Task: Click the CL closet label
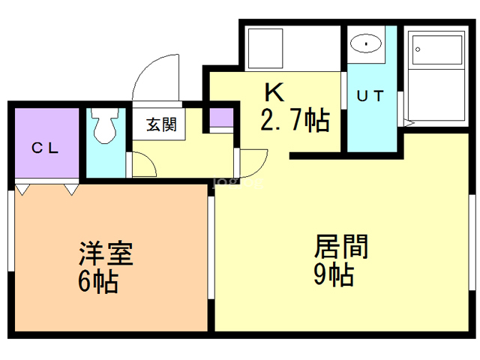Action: [x=45, y=148]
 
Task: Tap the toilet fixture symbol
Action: [x=105, y=125]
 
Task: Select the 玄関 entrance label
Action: [x=161, y=124]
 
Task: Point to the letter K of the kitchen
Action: [x=274, y=92]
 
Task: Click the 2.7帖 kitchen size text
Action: [x=295, y=120]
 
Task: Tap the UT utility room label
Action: [x=370, y=96]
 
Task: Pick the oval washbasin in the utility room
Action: [x=366, y=43]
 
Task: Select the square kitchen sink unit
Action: [x=265, y=48]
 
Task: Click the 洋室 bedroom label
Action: [x=106, y=253]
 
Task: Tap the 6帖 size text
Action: [x=98, y=282]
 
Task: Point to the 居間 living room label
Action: [x=341, y=247]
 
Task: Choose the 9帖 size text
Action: [x=334, y=274]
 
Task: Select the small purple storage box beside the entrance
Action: [x=221, y=117]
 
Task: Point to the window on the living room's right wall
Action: [x=472, y=242]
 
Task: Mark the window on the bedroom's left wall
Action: [x=11, y=230]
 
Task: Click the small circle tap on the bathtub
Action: [x=418, y=49]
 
